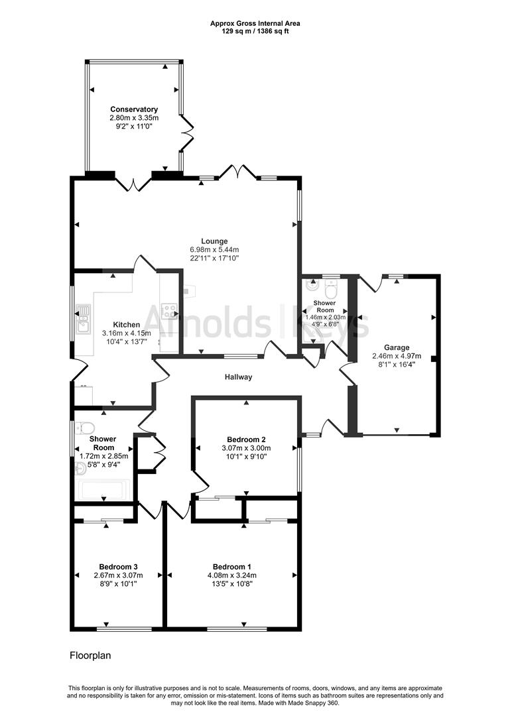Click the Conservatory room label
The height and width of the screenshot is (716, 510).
click(134, 109)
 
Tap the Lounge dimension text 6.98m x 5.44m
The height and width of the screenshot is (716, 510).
click(215, 249)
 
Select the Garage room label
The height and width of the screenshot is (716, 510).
click(397, 347)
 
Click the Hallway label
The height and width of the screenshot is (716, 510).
click(238, 377)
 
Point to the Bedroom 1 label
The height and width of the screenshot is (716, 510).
click(231, 567)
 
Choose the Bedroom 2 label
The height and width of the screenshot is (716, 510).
click(246, 440)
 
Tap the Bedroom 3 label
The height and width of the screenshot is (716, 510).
click(118, 567)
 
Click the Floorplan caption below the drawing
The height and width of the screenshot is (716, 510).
click(90, 656)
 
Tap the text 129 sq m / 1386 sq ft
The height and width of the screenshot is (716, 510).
click(255, 30)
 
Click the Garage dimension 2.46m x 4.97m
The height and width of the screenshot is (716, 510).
click(397, 355)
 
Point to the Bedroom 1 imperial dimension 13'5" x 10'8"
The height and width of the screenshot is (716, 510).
click(231, 583)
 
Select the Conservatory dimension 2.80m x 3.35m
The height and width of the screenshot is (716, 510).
click(134, 117)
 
